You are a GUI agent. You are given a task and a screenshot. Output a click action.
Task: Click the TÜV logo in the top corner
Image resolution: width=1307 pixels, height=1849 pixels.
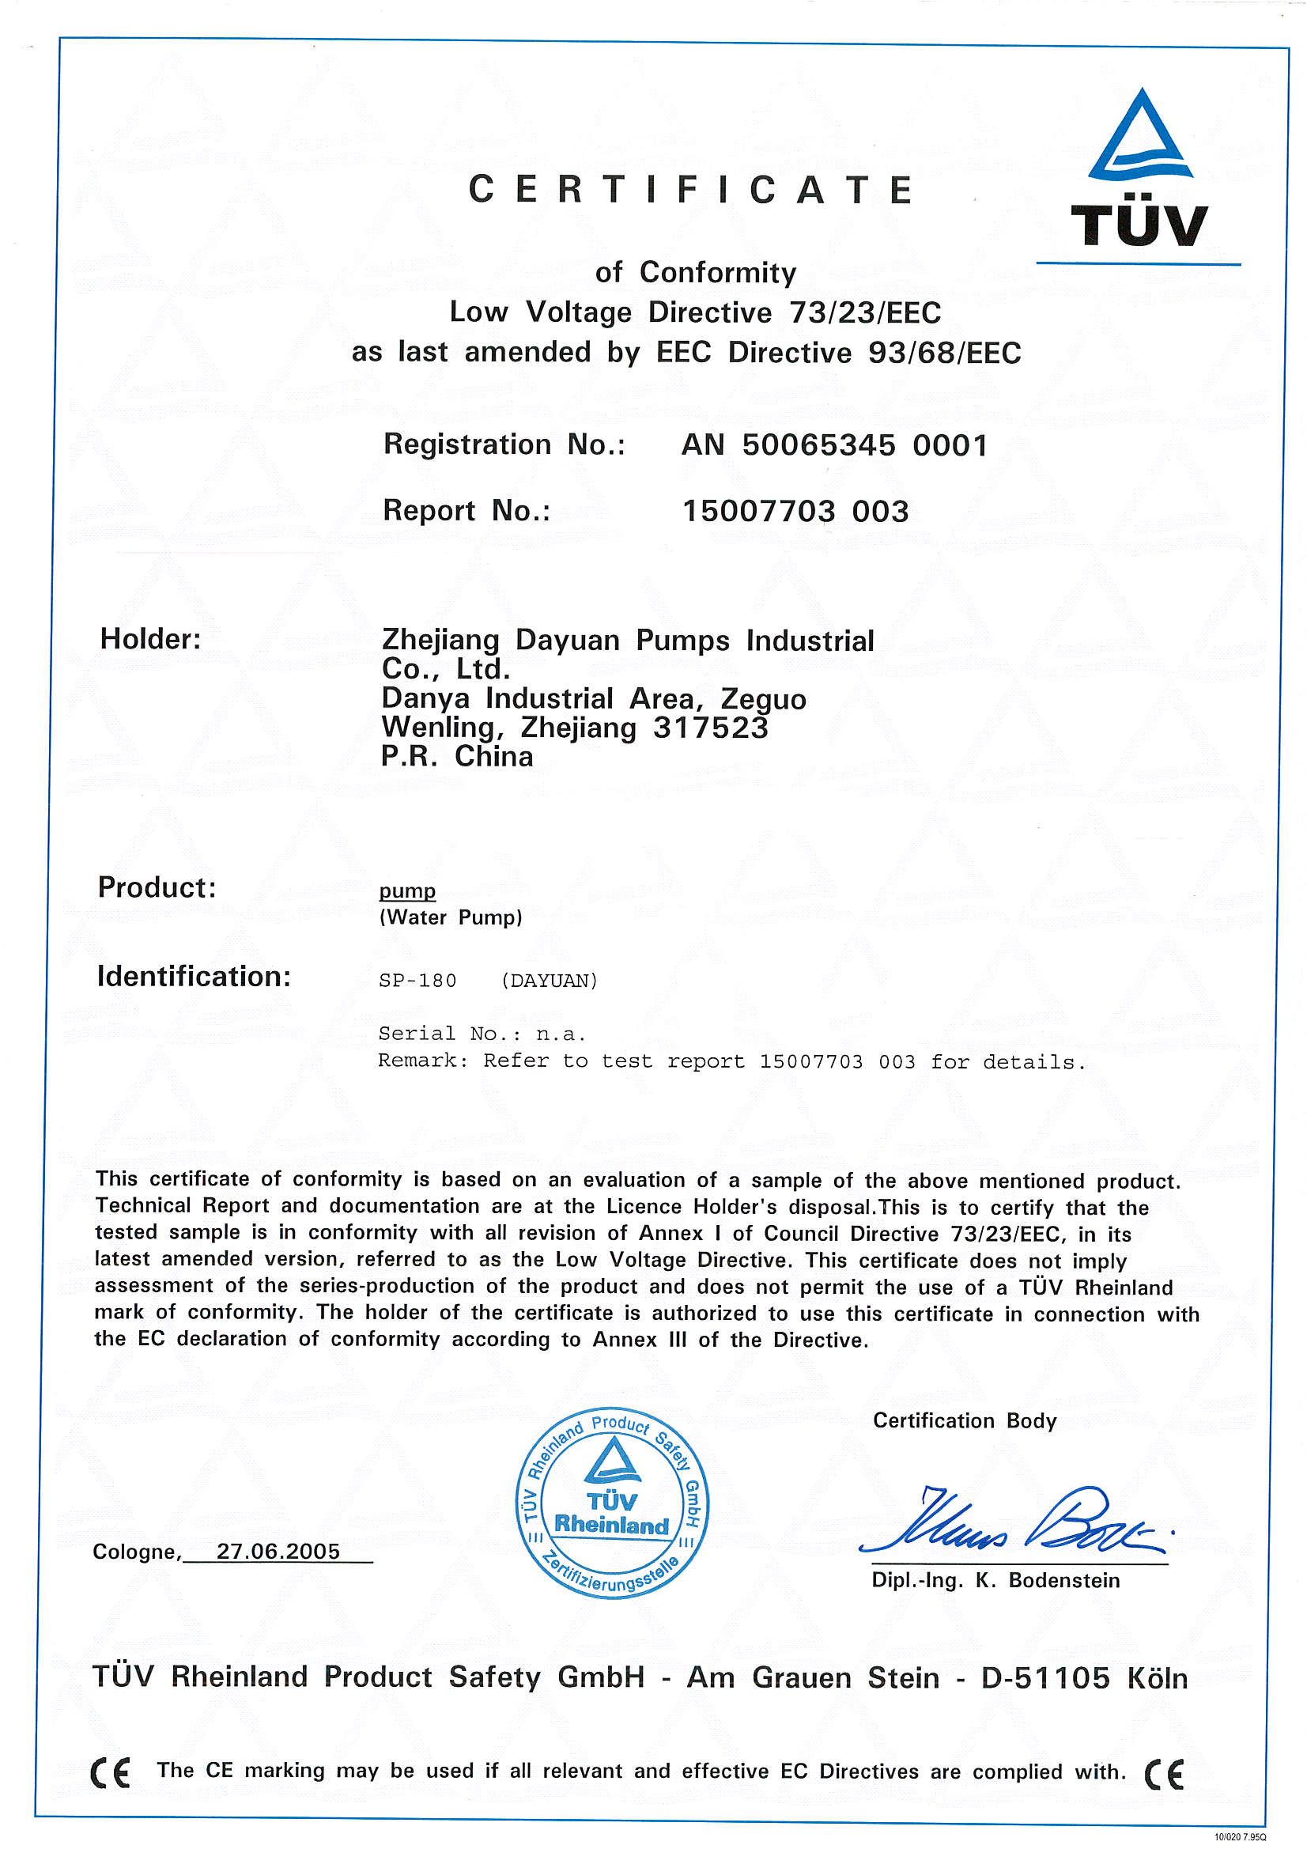coord(1139,169)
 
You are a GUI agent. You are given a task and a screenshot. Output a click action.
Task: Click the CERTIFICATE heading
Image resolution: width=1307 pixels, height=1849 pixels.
coord(691,190)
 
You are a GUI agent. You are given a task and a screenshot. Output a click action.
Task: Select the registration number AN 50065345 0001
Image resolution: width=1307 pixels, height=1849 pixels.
coord(834,444)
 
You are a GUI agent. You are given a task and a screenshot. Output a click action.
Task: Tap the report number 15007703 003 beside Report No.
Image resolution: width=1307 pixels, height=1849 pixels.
coord(795,512)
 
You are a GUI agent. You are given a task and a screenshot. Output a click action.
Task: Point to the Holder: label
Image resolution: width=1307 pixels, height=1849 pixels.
coord(150,640)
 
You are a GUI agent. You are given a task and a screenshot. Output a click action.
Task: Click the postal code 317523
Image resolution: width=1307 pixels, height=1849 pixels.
coord(710,728)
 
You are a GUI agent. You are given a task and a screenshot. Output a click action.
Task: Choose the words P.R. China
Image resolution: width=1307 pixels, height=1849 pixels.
coord(457,757)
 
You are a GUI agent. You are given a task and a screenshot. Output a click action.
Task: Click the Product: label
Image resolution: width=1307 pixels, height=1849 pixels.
coord(157,887)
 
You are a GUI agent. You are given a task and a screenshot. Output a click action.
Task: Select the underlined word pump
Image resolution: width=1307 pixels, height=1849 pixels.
coord(407,890)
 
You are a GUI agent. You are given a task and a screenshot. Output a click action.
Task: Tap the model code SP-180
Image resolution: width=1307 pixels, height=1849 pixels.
coord(418,981)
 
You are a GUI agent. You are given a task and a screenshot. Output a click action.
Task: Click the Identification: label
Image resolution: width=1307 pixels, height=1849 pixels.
coord(194,977)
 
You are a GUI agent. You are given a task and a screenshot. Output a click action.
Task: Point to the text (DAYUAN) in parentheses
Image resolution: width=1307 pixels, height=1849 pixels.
coord(550,981)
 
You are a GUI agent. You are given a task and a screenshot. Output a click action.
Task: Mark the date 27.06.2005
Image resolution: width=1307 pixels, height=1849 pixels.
coord(278,1552)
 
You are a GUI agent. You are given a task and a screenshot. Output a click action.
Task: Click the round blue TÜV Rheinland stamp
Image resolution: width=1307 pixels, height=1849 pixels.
coord(612,1503)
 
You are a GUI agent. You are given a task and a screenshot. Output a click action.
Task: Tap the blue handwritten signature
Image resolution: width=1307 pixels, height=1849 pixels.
coord(1014,1523)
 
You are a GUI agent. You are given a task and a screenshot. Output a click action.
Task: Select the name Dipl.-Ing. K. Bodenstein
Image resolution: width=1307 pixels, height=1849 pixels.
coord(995,1581)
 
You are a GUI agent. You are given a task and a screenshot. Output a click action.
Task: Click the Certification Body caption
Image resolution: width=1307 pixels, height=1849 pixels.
coord(965,1420)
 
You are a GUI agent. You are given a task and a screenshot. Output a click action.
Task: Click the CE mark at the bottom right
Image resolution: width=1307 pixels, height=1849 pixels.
coord(1165,1774)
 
